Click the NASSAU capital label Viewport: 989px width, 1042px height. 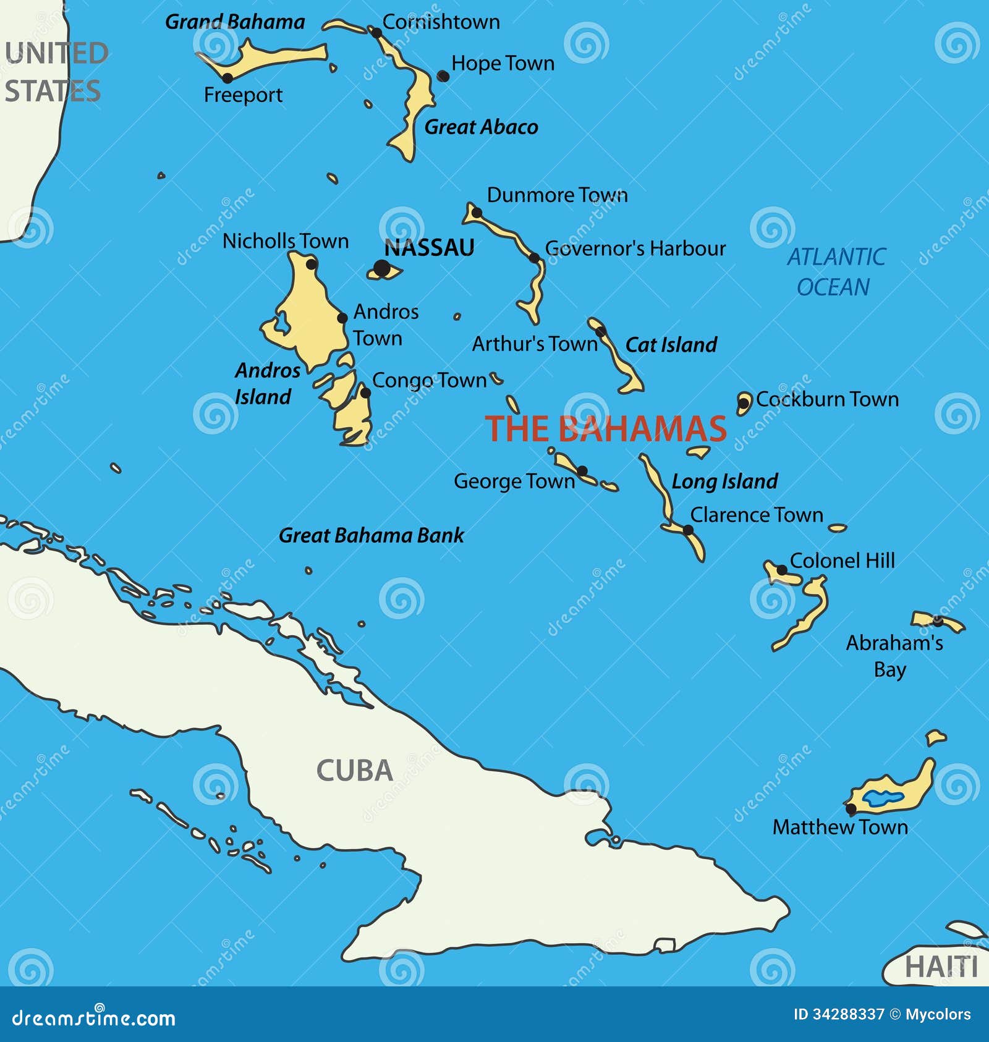coord(429,248)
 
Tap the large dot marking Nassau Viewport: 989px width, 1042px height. coord(383,268)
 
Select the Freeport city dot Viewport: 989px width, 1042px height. coord(227,78)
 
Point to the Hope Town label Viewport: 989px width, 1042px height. coord(503,63)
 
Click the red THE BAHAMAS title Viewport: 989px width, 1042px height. coord(606,428)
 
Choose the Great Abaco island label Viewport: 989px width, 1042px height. coord(481,127)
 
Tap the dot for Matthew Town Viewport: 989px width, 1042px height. coord(851,808)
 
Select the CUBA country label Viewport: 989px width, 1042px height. coord(355,771)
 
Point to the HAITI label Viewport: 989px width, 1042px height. coord(941,967)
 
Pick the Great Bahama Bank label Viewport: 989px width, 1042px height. coord(371,535)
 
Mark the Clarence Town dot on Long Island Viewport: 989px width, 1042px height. coord(688,530)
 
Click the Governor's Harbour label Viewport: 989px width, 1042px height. coord(635,248)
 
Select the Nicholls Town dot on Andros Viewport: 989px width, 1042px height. coord(312,265)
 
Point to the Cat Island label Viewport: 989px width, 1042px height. coord(671,345)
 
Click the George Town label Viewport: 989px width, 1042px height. coord(514,481)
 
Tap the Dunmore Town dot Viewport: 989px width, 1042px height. coord(477,213)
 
